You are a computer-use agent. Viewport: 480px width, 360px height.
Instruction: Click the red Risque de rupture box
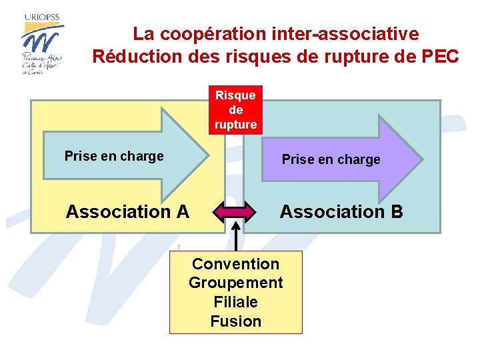point(235,110)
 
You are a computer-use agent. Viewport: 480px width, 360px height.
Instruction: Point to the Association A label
point(127,212)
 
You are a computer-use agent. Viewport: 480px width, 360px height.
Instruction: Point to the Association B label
point(341,212)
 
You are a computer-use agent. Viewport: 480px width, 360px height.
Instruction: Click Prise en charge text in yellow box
point(114,156)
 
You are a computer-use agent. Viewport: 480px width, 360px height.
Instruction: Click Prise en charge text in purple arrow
point(331,159)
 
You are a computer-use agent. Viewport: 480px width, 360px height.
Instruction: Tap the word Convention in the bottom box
point(235,264)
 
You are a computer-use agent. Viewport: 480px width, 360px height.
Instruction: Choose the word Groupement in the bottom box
point(235,283)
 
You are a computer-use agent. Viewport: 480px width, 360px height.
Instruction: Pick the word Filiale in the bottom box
point(235,302)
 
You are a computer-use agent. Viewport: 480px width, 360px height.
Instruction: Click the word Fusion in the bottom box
point(235,321)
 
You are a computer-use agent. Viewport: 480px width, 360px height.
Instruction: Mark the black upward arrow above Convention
point(235,237)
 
